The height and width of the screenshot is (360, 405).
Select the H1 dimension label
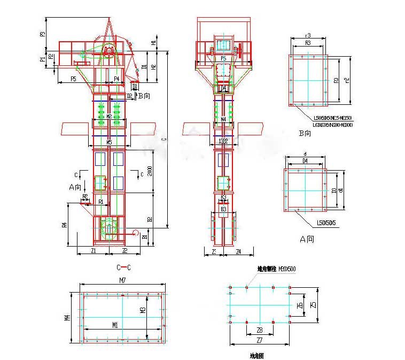[154, 42]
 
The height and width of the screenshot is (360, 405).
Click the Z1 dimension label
[93, 250]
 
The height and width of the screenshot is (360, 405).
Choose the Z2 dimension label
[124, 250]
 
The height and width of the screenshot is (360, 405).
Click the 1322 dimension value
[223, 141]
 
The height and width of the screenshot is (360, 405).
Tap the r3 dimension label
[308, 36]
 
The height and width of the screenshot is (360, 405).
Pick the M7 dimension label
[122, 280]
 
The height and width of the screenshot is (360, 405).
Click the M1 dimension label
[115, 325]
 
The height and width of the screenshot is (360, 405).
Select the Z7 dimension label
[259, 340]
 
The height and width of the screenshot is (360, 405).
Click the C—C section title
[123, 266]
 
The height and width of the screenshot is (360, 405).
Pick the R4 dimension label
[64, 225]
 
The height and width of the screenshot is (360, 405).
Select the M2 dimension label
[108, 116]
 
